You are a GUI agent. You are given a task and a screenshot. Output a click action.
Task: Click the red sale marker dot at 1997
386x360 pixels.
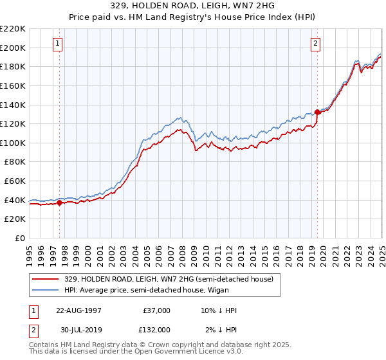pyautogui.click(x=60, y=203)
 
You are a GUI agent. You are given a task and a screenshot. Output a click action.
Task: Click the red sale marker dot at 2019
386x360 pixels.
pyautogui.click(x=317, y=112)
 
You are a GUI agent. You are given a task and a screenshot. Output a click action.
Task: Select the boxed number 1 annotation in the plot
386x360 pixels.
pyautogui.click(x=58, y=44)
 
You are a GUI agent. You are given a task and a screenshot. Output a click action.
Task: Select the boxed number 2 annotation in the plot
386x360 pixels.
pyautogui.click(x=316, y=44)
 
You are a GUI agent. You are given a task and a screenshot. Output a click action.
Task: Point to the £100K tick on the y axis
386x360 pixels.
pyautogui.click(x=14, y=143)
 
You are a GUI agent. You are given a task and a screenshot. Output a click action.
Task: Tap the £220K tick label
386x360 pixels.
pyautogui.click(x=14, y=29)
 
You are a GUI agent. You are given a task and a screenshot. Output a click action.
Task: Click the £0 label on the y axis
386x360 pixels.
pyautogui.click(x=19, y=238)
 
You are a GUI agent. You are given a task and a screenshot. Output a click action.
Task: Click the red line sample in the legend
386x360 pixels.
pyautogui.click(x=46, y=279)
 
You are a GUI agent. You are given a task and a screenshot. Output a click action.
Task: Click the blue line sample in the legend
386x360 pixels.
pyautogui.click(x=46, y=290)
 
